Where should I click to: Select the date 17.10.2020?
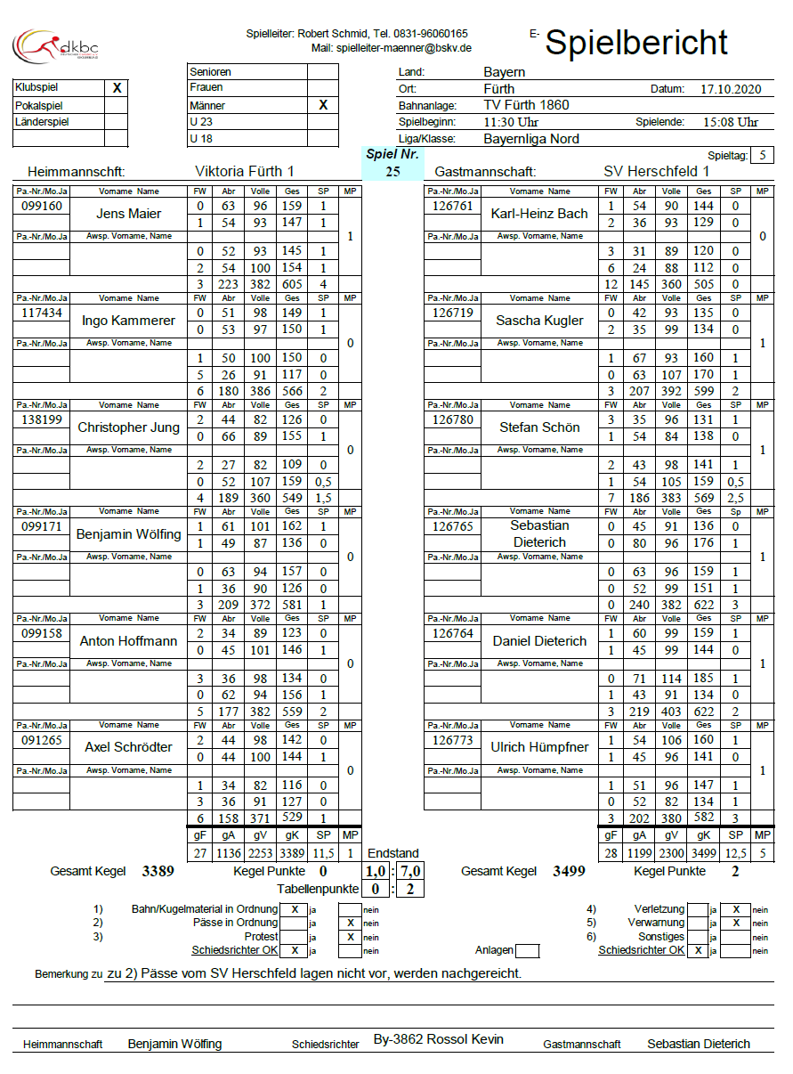731,89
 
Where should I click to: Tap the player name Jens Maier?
129,214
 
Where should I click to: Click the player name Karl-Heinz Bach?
539,214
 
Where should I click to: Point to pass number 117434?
42,313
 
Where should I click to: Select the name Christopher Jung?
129,427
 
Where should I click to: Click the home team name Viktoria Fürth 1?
244,171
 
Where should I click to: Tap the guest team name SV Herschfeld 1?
656,171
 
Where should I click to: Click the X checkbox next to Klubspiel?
117,88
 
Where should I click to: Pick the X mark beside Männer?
323,105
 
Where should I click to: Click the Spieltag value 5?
762,156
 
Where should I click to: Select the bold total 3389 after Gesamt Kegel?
158,871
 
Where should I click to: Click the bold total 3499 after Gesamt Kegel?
568,871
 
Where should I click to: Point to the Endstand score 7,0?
411,871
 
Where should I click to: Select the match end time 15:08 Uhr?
731,122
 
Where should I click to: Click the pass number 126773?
453,740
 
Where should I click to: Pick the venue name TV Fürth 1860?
526,105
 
